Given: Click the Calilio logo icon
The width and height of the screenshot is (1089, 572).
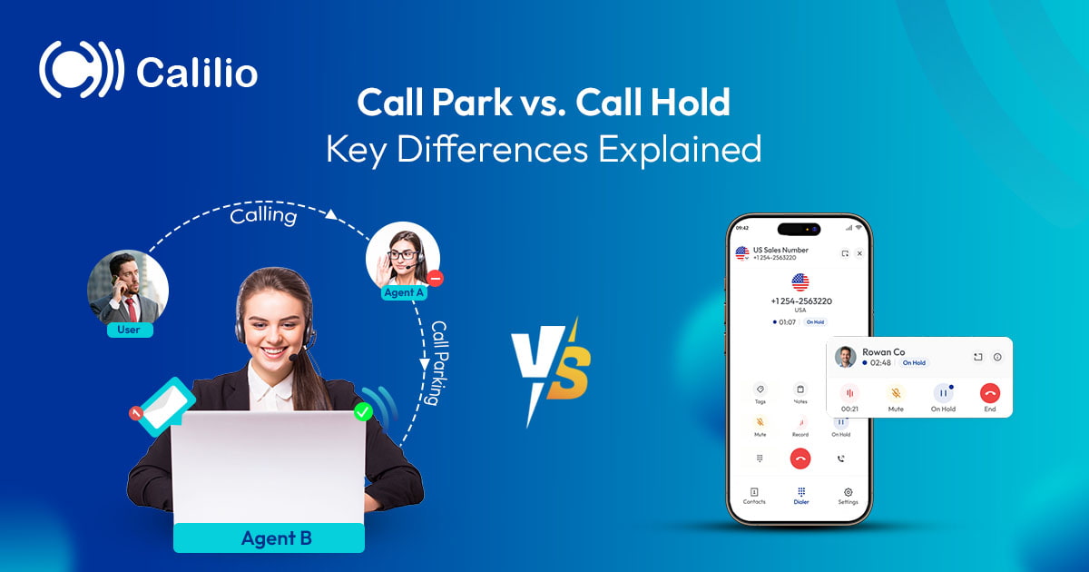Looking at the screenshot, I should click(81, 69).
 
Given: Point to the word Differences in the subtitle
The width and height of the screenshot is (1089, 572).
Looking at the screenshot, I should click(495, 149).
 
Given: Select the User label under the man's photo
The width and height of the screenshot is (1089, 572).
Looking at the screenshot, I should click(129, 330).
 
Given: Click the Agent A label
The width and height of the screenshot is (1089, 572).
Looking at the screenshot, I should click(404, 292).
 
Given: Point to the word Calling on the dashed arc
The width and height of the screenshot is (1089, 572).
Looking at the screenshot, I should click(263, 216).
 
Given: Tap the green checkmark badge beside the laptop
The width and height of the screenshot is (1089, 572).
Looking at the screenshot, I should click(363, 413).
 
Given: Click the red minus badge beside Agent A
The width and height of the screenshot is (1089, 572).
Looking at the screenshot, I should click(436, 279).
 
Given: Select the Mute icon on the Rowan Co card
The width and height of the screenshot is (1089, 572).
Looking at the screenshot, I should click(896, 394).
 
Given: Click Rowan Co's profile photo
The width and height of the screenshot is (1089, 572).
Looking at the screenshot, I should click(846, 357).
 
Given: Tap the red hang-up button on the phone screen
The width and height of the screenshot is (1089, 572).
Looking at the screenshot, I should click(800, 459).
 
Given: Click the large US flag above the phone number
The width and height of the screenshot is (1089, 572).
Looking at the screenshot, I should click(800, 282).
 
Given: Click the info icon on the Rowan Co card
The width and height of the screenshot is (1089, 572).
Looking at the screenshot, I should click(997, 357).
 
